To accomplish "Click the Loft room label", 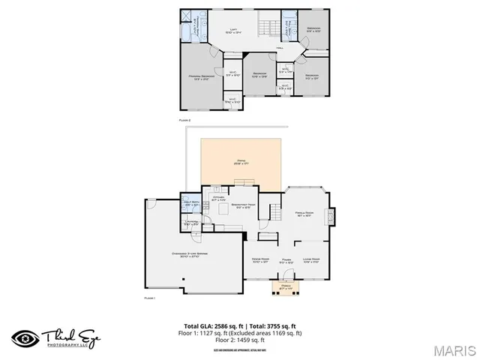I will (235, 31).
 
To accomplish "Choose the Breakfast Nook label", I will (244, 207).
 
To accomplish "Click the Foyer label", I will (286, 262).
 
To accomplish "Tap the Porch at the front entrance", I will (286, 287).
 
